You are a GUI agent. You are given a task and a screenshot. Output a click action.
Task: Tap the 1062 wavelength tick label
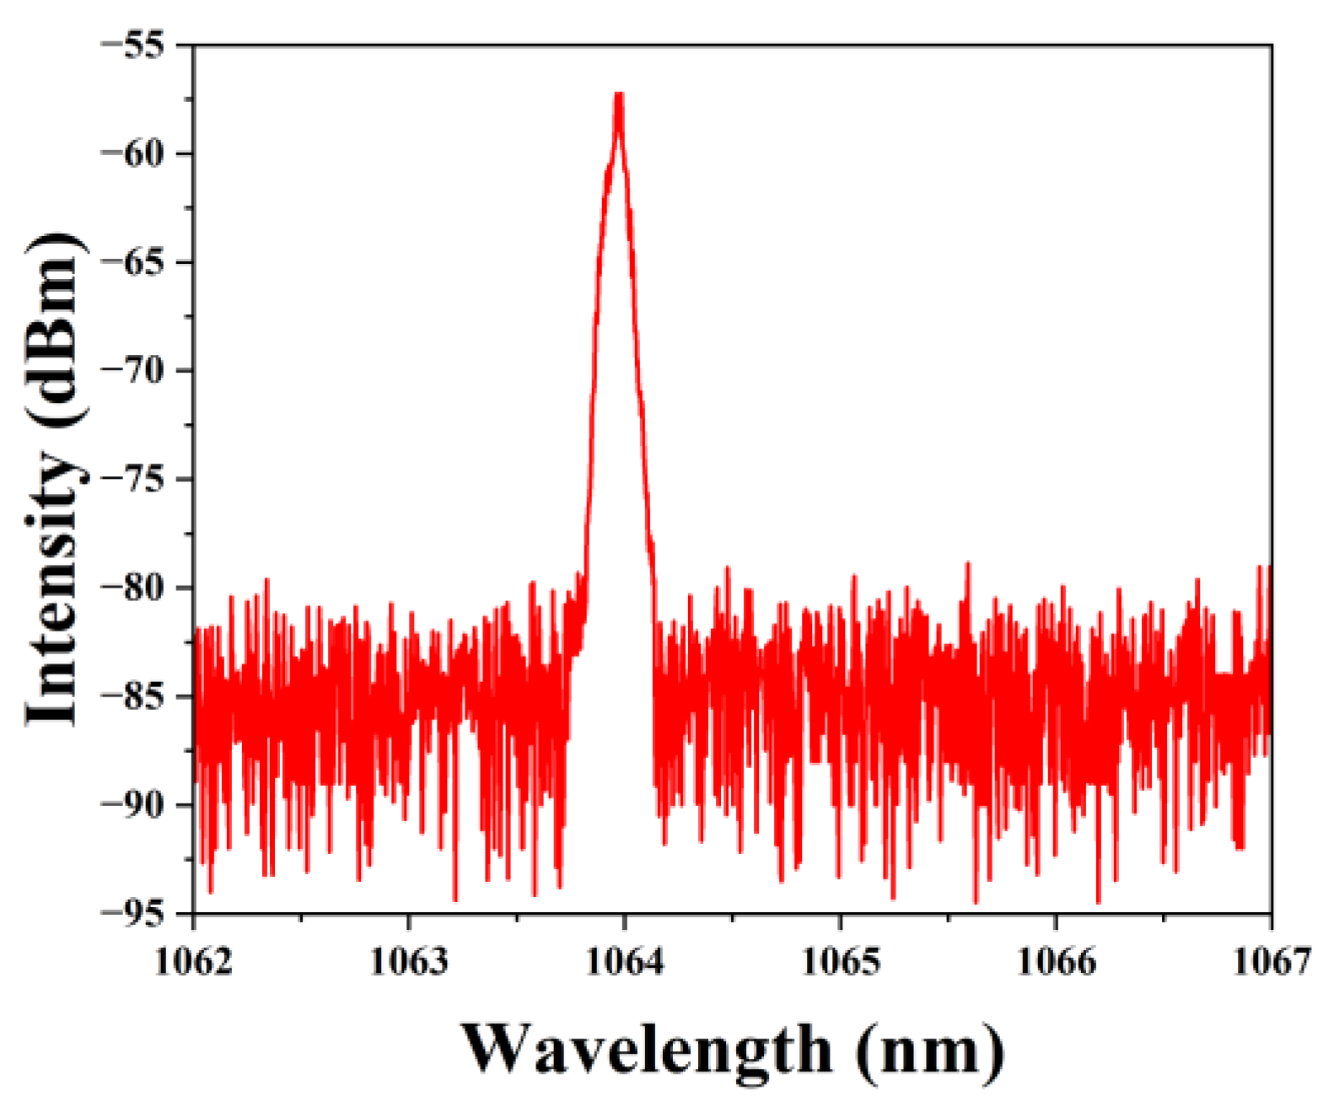pyautogui.click(x=194, y=961)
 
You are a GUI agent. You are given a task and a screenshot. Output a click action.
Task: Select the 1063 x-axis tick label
pyautogui.click(x=409, y=961)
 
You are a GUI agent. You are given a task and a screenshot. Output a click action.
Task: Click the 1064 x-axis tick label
pyautogui.click(x=624, y=961)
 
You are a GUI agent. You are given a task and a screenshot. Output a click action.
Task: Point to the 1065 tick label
pyautogui.click(x=840, y=961)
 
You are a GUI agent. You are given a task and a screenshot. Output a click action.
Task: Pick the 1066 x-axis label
pyautogui.click(x=1056, y=961)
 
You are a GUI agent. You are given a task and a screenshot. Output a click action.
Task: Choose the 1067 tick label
pyautogui.click(x=1272, y=961)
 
